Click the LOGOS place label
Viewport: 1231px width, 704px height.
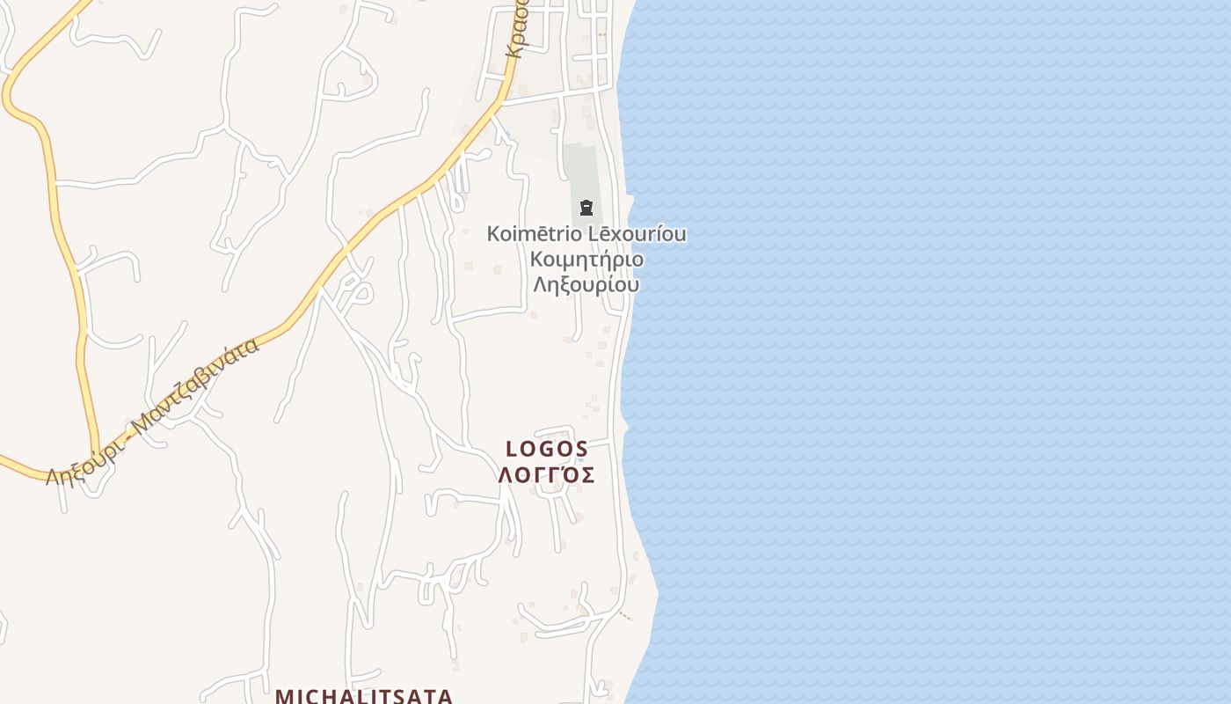(547, 449)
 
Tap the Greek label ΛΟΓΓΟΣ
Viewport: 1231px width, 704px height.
(547, 475)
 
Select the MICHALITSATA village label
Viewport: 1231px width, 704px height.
(364, 696)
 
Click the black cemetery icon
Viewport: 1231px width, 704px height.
(586, 208)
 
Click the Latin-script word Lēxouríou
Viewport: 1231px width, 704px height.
(639, 234)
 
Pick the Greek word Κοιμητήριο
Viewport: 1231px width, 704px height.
(586, 260)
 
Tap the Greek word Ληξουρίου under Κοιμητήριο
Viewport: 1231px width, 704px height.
(586, 285)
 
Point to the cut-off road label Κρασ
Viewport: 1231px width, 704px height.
(515, 31)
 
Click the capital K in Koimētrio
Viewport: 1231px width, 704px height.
(493, 234)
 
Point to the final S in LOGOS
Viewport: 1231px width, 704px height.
(581, 449)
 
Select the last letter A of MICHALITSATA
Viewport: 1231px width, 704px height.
(445, 696)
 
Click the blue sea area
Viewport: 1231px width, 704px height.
(923, 352)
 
